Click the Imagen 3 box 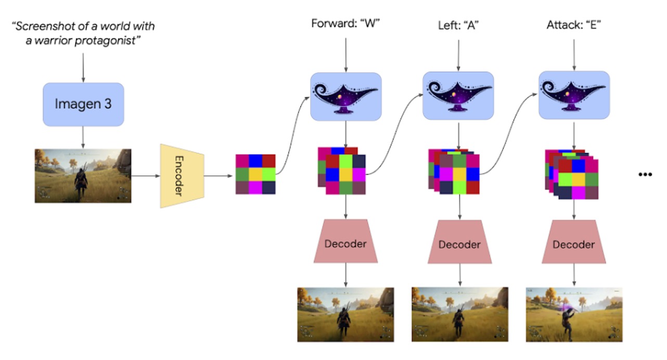(83, 104)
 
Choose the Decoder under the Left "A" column (459, 244)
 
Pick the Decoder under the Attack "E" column (573, 244)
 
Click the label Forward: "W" (346, 24)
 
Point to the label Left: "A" (458, 24)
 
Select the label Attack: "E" (574, 24)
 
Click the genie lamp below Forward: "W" (346, 96)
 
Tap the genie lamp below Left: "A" (458, 96)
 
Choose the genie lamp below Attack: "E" (574, 96)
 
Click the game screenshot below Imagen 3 (83, 176)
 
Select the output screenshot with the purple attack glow (574, 315)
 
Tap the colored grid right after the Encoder (255, 174)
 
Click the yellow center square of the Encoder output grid (255, 174)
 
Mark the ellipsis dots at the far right (645, 175)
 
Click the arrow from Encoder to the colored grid (219, 175)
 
